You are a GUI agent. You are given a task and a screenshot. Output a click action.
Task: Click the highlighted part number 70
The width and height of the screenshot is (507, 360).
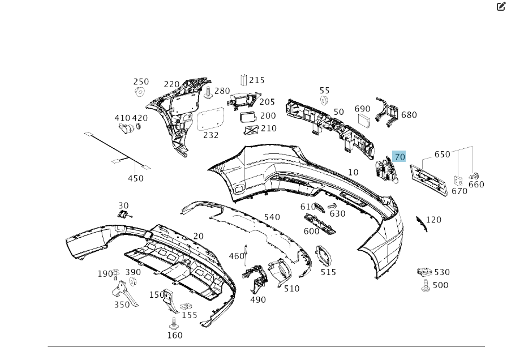point(399,157)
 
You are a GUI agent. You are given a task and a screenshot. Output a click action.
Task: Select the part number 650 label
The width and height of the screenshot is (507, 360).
point(442,155)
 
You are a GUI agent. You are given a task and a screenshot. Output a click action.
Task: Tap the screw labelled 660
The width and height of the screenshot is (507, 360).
point(474,175)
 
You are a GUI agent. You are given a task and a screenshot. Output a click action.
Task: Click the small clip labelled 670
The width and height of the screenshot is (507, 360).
point(458,181)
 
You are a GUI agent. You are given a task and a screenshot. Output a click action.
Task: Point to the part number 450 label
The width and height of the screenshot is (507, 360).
point(136,178)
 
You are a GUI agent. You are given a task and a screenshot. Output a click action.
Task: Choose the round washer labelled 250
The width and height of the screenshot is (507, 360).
point(140,91)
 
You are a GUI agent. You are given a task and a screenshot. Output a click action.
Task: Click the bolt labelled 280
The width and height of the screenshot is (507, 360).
point(208,92)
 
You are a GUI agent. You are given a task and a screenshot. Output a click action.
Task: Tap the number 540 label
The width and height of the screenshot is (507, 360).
point(272,217)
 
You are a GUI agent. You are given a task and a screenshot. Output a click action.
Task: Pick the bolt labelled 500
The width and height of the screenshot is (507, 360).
point(426,286)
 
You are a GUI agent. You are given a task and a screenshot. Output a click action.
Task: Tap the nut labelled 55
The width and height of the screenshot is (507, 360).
point(324,101)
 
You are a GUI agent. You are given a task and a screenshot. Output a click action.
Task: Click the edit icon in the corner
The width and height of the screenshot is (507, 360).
point(501,6)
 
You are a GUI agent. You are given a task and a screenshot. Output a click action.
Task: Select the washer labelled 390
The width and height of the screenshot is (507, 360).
point(133,282)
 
